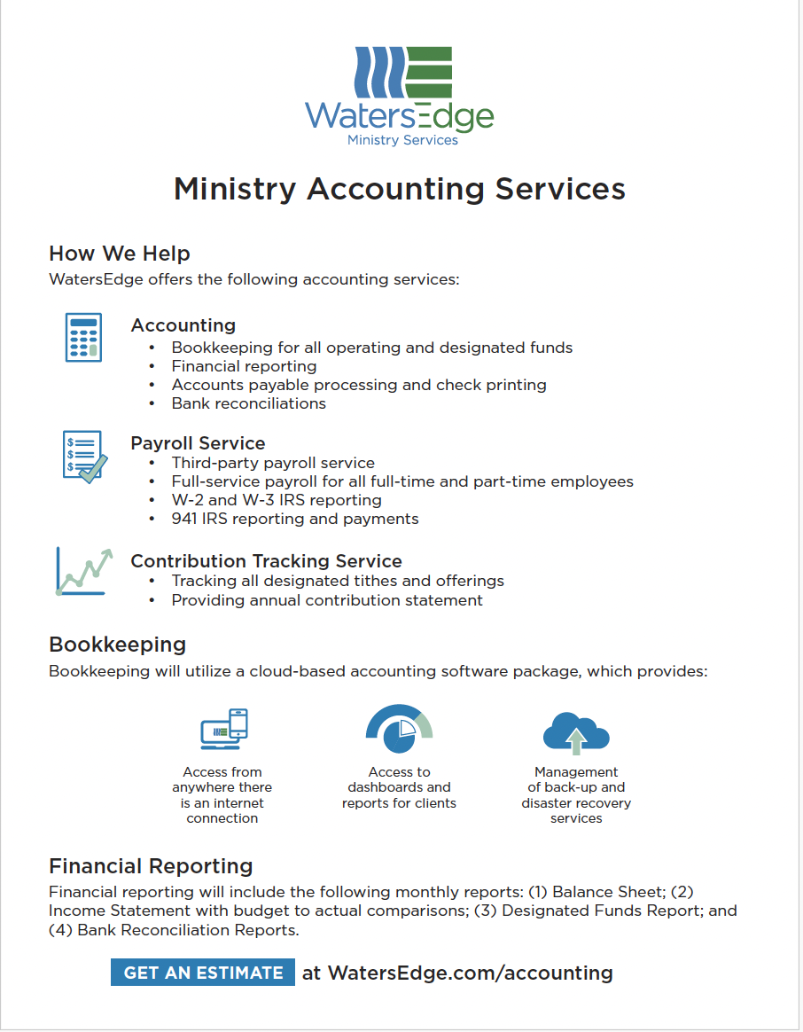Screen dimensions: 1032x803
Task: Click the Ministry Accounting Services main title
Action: [400, 189]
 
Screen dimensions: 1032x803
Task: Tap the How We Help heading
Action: [120, 254]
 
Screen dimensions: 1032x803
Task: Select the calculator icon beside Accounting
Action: [83, 337]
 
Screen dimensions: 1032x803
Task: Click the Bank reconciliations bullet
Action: [248, 403]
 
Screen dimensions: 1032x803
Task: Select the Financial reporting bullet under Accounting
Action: [244, 366]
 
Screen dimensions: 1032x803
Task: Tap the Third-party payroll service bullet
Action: [273, 463]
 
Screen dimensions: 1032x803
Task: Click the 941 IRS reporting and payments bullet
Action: [295, 519]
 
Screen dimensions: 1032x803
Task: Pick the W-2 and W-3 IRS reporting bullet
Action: [277, 500]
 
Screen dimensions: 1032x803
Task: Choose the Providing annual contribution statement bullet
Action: [327, 600]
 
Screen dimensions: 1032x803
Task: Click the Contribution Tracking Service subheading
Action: [266, 561]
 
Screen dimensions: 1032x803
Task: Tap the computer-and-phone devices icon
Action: [223, 729]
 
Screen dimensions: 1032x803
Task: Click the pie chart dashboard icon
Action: [399, 729]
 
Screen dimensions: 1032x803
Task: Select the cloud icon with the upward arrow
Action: [576, 731]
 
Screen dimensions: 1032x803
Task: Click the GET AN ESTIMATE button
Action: [203, 973]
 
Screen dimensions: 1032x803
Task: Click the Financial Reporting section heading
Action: [151, 866]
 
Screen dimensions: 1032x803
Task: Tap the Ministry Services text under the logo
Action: [402, 140]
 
